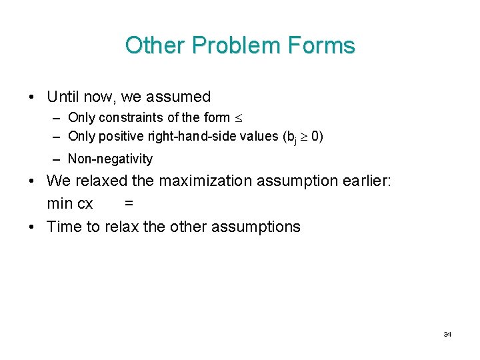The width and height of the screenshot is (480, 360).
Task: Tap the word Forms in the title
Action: tap(321, 45)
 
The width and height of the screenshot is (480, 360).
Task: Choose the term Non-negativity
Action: tap(110, 159)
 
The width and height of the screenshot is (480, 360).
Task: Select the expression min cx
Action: tap(70, 203)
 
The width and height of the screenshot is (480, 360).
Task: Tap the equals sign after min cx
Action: tap(129, 203)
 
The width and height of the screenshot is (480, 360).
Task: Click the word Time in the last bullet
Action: tap(64, 227)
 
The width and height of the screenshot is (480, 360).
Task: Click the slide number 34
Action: tap(447, 334)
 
